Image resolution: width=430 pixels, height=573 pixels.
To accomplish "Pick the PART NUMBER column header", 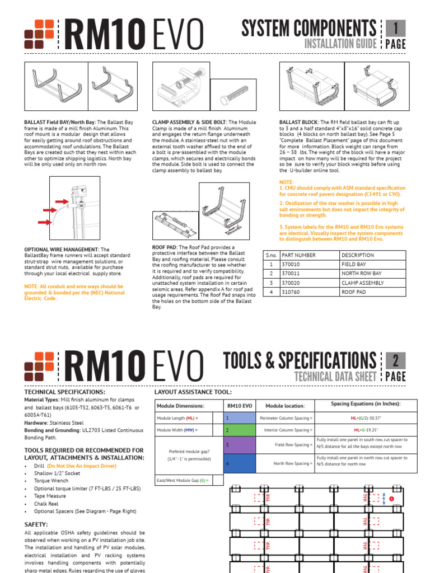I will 299,255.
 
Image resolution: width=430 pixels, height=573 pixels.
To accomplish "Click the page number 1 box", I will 395,28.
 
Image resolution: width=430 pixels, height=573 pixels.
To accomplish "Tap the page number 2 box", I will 395,360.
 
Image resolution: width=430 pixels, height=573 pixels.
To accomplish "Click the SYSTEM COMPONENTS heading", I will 309,28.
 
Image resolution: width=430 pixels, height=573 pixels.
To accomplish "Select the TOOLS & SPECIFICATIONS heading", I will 300,360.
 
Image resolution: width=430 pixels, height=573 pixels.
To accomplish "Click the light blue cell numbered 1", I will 239,418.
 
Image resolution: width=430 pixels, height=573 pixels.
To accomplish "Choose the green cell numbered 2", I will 239,430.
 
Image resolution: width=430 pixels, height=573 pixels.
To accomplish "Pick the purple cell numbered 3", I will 239,445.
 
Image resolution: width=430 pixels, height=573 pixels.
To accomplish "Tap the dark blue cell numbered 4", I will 239,463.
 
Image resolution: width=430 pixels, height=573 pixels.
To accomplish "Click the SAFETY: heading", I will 36,524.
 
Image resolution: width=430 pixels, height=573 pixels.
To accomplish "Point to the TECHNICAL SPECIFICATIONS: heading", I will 64,392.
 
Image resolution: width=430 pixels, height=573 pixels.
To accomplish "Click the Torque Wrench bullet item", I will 51,481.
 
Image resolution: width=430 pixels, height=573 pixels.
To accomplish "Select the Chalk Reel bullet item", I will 47,504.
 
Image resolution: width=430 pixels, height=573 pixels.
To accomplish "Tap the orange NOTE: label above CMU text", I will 286,182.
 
